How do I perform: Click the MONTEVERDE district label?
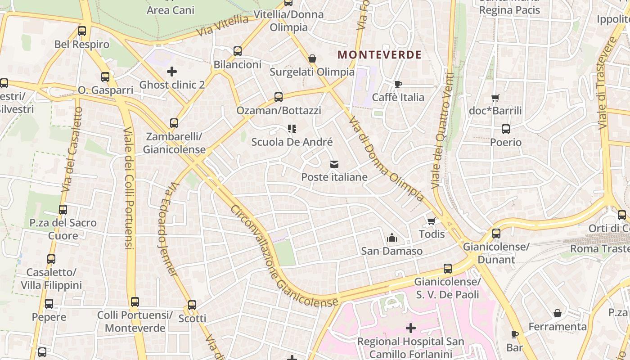point(379,55)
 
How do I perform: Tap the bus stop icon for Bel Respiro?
point(82,31)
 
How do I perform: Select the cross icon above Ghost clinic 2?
point(171,72)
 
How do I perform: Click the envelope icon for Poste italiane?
point(334,164)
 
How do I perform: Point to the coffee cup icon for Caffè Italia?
point(398,84)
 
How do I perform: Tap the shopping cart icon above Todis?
point(431,221)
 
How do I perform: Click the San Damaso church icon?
point(391,238)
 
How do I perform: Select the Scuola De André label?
point(292,142)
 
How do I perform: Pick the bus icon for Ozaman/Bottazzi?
point(279,97)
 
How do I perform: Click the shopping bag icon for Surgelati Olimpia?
point(312,59)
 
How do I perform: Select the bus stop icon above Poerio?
point(505,129)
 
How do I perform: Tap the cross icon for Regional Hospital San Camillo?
point(410,328)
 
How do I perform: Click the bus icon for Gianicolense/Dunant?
point(496,234)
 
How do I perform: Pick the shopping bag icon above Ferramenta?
point(557,313)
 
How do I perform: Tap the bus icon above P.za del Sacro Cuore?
point(63,210)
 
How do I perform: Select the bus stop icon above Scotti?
point(192,305)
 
